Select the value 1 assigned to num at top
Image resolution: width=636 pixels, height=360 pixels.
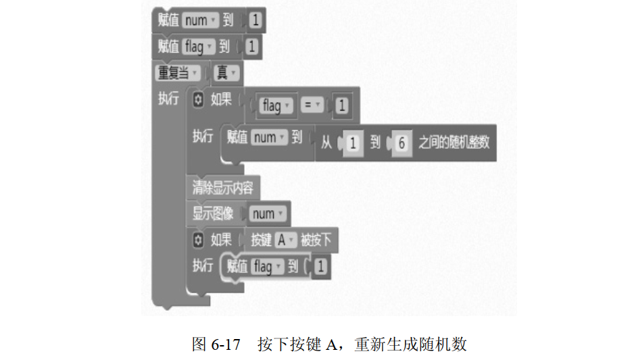tap(255, 21)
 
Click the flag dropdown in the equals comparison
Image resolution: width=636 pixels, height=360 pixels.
tap(275, 106)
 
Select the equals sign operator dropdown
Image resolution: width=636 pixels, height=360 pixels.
tap(312, 106)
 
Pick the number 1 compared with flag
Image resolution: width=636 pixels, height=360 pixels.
tap(342, 106)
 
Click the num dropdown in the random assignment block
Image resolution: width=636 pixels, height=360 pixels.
tap(268, 138)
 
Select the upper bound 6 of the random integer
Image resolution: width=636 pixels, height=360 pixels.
tap(401, 143)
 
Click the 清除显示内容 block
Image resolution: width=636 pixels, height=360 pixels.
tap(222, 188)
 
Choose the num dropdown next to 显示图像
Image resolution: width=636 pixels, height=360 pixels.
tap(266, 213)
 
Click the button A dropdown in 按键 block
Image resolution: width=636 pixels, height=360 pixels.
tap(285, 239)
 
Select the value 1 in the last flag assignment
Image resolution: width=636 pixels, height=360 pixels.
tap(320, 267)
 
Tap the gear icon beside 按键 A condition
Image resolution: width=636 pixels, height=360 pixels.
tap(197, 239)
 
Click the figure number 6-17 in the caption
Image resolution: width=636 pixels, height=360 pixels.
tap(226, 344)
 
